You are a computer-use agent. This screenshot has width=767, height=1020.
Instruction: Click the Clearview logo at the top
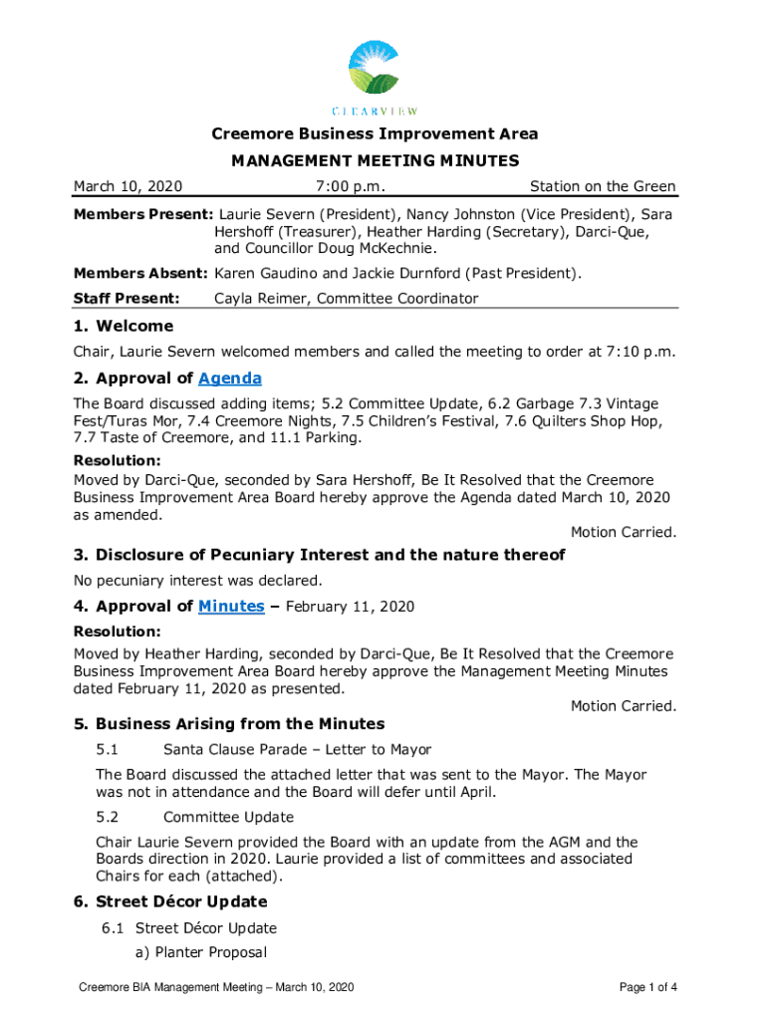point(374,78)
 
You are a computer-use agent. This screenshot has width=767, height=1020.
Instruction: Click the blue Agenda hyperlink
point(230,378)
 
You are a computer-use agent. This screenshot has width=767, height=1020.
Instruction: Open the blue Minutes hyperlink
point(231,606)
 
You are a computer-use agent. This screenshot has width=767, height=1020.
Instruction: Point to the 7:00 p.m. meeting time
point(351,186)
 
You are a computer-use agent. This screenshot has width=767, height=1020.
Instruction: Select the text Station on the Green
point(603,186)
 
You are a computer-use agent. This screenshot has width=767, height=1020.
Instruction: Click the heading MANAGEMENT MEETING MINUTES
point(375,160)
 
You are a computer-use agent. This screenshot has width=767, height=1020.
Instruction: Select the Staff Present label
point(127,298)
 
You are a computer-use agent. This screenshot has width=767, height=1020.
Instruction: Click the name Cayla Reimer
point(261,298)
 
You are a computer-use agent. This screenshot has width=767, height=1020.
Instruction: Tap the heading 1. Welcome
point(124,326)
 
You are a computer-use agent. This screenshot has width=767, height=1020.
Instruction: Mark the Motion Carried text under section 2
point(623,532)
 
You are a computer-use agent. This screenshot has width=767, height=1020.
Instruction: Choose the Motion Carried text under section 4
point(623,705)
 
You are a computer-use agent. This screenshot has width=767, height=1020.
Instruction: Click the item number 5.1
point(108,749)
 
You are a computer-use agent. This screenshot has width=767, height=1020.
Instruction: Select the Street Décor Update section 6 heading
point(181,901)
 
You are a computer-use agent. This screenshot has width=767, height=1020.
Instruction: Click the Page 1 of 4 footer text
point(647,987)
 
